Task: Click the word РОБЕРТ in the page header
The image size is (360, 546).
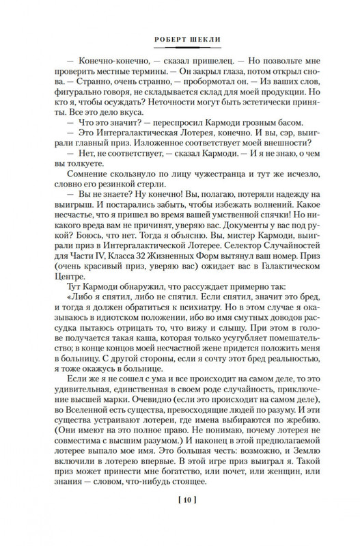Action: point(163,40)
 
